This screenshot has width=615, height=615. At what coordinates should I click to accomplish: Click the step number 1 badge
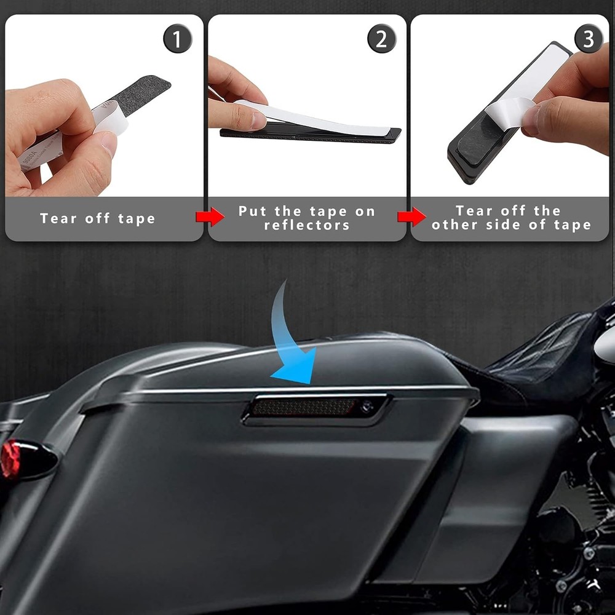177,40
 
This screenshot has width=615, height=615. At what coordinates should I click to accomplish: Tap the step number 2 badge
381,40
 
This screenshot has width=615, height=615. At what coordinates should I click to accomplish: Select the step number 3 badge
589,40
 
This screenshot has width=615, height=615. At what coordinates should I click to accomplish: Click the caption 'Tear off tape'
98,218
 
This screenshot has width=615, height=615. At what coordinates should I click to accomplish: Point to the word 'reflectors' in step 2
307,225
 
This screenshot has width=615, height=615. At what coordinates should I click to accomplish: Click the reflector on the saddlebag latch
304,407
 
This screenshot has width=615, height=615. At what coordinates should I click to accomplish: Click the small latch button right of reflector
367,406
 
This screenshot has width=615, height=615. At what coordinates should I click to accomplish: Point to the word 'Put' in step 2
252,212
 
